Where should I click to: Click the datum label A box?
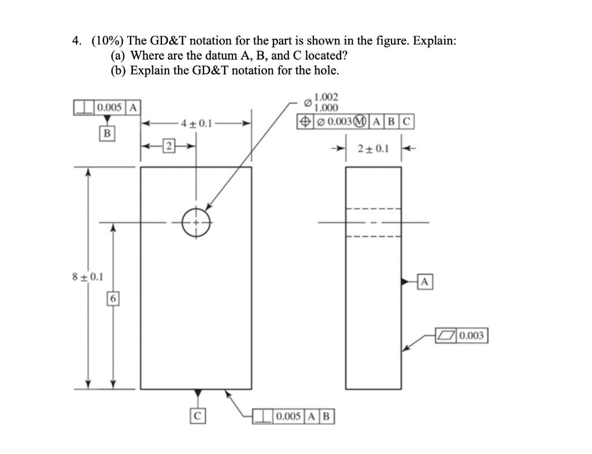coord(424,282)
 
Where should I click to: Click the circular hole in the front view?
coord(196,222)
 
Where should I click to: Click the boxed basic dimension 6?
coord(113,298)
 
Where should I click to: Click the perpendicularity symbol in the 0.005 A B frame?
coord(264,416)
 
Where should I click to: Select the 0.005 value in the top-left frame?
coord(109,107)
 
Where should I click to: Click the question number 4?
coord(76,40)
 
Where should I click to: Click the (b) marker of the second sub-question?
coord(119,71)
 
